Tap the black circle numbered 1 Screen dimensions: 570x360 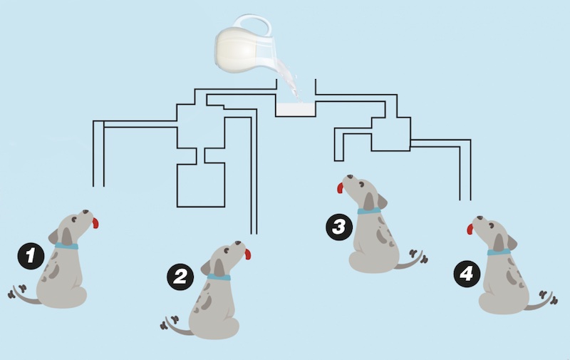[31, 256]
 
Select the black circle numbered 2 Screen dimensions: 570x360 [180, 277]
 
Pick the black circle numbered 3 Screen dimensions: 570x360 [339, 227]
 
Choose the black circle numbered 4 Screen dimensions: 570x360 [467, 274]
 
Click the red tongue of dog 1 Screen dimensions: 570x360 [95, 223]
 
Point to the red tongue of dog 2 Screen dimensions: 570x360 [247, 254]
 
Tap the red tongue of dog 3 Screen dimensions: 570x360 [341, 187]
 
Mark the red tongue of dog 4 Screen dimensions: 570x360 [470, 229]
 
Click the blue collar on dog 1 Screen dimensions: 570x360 [66, 246]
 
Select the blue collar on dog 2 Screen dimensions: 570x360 [219, 277]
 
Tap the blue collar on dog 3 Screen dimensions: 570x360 [369, 211]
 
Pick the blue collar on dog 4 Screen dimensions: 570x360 [499, 252]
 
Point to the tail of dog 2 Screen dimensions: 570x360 [175, 326]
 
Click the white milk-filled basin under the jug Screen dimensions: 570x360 [295, 110]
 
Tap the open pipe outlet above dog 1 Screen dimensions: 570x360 [98, 186]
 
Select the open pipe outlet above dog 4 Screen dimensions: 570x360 [465, 200]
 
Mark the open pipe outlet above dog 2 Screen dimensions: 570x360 [254, 233]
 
